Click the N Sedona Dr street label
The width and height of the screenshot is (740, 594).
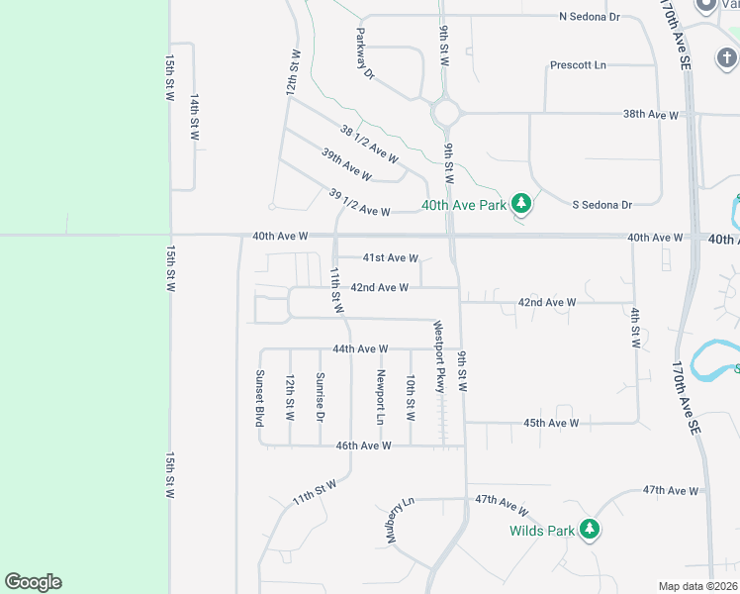click(x=589, y=17)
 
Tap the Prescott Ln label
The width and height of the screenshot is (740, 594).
click(x=578, y=65)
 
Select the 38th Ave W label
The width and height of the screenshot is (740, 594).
click(x=650, y=115)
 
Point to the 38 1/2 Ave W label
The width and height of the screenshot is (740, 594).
click(x=369, y=144)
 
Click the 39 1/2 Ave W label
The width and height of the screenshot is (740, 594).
click(x=359, y=203)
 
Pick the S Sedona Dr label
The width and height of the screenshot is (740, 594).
click(x=601, y=205)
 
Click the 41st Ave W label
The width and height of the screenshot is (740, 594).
click(x=390, y=257)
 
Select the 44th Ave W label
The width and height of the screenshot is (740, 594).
click(x=360, y=348)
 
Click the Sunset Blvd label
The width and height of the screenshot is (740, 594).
click(x=260, y=397)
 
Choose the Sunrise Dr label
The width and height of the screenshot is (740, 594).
click(x=320, y=396)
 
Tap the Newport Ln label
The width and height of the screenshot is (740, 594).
click(x=379, y=397)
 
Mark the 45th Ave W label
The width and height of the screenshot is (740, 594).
click(x=551, y=423)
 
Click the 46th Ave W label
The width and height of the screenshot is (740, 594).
click(x=363, y=445)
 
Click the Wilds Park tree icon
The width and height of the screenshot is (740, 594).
click(x=590, y=530)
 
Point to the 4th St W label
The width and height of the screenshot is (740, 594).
click(x=635, y=328)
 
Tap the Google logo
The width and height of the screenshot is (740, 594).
click(x=33, y=582)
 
